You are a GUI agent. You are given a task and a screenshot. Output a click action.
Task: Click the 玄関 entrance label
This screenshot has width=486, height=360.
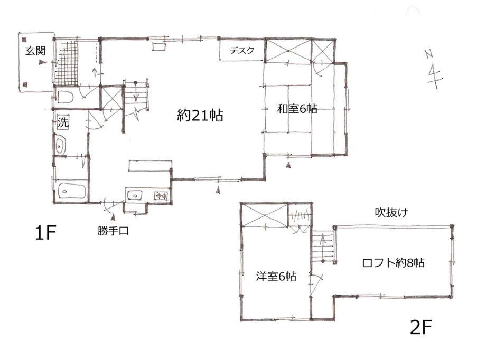pyautogui.click(x=35, y=51)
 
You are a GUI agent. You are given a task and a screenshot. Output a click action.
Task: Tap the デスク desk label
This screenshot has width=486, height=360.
pyautogui.click(x=242, y=50)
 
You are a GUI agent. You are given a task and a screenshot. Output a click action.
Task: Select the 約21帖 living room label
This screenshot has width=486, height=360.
pyautogui.click(x=200, y=115)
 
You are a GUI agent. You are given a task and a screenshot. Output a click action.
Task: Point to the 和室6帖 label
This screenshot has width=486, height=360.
pyautogui.click(x=297, y=109)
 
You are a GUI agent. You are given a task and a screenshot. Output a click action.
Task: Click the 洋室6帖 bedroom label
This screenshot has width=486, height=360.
pyautogui.click(x=276, y=276)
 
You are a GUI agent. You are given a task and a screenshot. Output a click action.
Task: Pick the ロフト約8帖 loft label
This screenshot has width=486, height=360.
pyautogui.click(x=394, y=263)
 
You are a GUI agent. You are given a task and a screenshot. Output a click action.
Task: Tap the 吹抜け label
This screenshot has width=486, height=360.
pyautogui.click(x=391, y=213)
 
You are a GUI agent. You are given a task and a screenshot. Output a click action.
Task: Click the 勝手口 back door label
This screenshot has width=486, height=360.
pyautogui.click(x=113, y=231)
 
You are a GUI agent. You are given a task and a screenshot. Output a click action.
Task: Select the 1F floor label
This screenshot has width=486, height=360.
pyautogui.click(x=45, y=233)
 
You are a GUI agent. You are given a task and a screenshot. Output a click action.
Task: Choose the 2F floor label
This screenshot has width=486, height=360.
pyautogui.click(x=421, y=327)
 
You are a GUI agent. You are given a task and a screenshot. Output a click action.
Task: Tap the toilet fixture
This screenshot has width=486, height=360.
pyautogui.click(x=65, y=97)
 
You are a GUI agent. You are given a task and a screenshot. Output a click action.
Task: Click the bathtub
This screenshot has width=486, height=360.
pyautogui.click(x=72, y=191)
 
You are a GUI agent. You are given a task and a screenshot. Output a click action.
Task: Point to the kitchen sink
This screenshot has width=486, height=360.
pyautogui.click(x=135, y=195)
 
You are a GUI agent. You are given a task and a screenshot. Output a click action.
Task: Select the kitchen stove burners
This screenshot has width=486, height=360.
pyautogui.click(x=161, y=195)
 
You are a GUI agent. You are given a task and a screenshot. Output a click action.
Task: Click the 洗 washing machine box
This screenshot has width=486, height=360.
pyautogui.click(x=63, y=122)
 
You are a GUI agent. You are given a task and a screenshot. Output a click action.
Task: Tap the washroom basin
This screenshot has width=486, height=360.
pyautogui.click(x=60, y=145)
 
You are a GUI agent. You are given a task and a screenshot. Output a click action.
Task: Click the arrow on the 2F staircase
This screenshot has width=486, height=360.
pyautogui.click(x=323, y=248)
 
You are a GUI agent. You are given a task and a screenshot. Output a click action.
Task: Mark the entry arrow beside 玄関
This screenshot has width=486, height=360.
pyautogui.click(x=42, y=62)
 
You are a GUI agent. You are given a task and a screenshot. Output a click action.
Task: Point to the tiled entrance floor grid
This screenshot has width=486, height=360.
pyautogui.click(x=67, y=63)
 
